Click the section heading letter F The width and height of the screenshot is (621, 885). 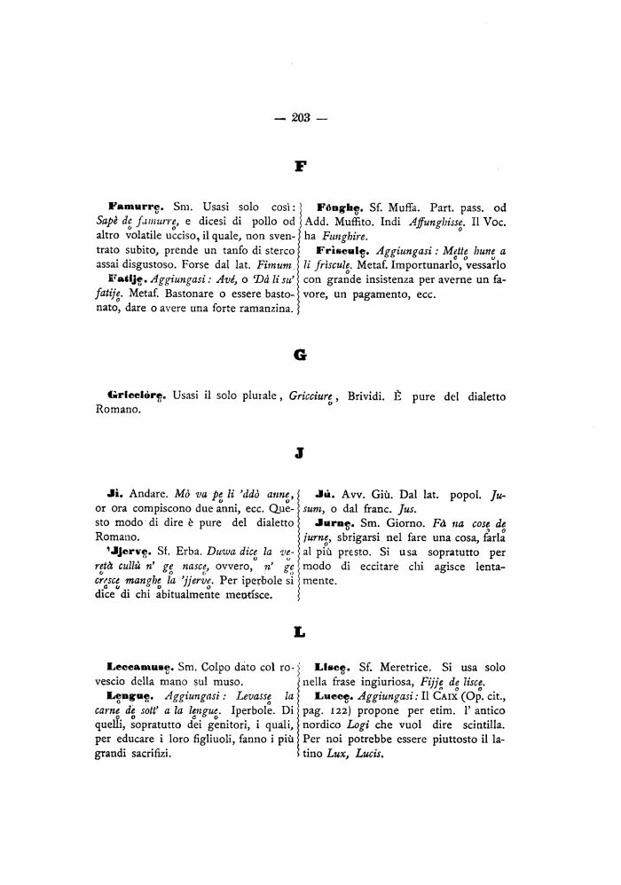point(301,165)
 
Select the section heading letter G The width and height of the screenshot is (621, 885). point(300,354)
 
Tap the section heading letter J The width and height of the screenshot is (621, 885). point(299,453)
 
